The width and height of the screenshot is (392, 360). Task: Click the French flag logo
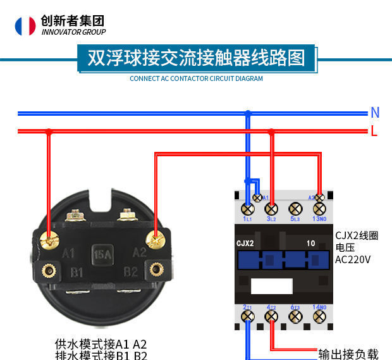(26, 25)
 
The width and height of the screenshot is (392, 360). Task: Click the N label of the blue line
(375, 113)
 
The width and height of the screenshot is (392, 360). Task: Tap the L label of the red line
(374, 132)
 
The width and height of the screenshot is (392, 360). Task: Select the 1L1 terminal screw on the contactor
(247, 208)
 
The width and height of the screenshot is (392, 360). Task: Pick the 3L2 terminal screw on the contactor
(271, 208)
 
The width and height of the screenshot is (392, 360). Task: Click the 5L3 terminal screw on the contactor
(295, 208)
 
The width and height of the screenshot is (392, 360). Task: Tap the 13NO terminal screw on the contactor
(319, 208)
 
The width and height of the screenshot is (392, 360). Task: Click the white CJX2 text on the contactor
(245, 243)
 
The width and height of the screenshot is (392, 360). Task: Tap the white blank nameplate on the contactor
(271, 286)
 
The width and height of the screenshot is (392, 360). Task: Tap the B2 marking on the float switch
(131, 273)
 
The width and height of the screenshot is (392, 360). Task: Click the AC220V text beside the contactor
(353, 259)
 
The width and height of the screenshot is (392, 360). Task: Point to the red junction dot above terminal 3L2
(271, 132)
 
